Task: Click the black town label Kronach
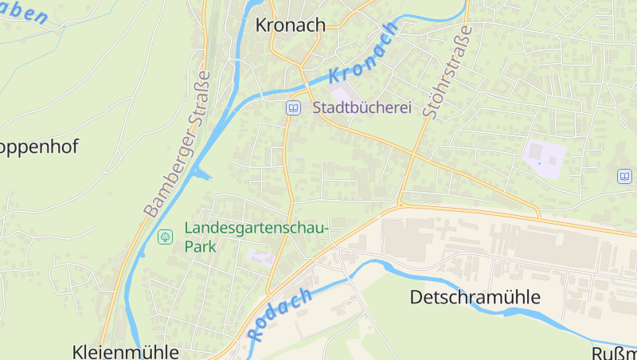pos(291,25)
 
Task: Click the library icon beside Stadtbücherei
pos(293,108)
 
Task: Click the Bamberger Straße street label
pos(178,145)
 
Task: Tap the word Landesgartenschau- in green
pos(256,228)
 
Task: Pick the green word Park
pos(201,247)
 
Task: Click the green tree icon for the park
pos(166,237)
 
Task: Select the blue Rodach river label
pos(279,314)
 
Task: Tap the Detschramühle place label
pos(475,297)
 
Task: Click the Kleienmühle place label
pos(125,351)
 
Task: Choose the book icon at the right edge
pos(624,176)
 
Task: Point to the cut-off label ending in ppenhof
pos(40,147)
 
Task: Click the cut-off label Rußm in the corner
pos(615,353)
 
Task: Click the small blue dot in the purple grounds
pos(539,163)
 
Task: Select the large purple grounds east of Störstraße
pos(545,154)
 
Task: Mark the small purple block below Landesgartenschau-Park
pos(260,256)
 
